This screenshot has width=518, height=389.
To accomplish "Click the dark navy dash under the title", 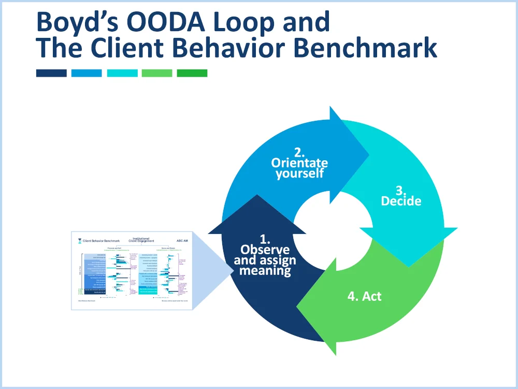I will [x=51, y=73].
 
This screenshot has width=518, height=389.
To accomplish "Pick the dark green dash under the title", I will [x=192, y=73].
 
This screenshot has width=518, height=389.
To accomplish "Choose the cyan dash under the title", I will [x=122, y=73].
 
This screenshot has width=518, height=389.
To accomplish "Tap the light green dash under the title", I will [x=157, y=73].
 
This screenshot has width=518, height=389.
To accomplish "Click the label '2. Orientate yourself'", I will [x=299, y=163].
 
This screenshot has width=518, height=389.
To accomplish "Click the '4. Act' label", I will [x=364, y=296].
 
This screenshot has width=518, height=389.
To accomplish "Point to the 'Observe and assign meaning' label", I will [x=265, y=255].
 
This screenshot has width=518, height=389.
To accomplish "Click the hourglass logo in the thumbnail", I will [x=79, y=241].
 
